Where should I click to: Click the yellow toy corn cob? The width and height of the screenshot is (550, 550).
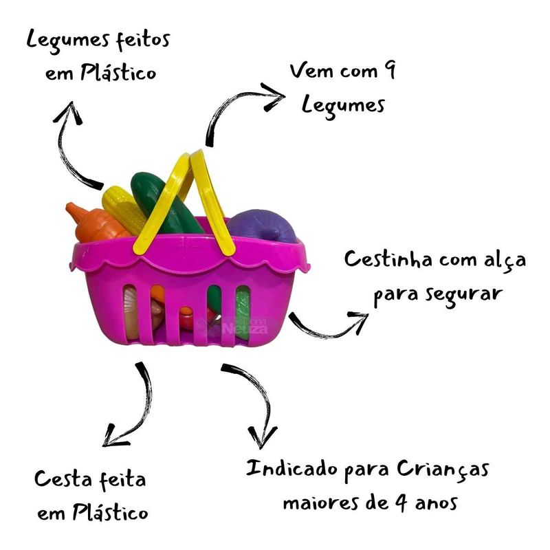[124, 206]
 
